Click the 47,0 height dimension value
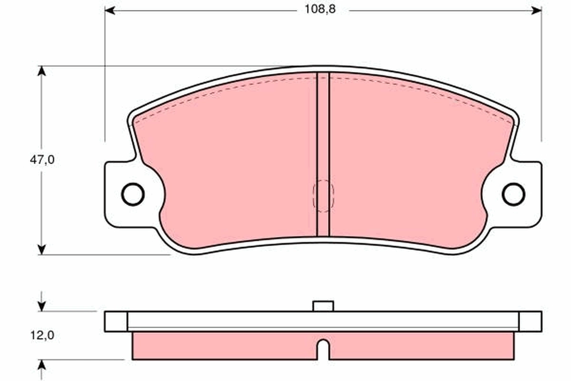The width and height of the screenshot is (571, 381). click(x=42, y=160)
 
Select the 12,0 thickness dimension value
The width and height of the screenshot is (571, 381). click(x=42, y=335)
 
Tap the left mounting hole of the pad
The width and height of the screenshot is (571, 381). click(x=132, y=194)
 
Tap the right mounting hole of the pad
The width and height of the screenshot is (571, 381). click(x=513, y=194)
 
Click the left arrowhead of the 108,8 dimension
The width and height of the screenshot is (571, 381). click(x=110, y=10)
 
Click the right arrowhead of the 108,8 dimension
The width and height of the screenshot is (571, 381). click(x=536, y=10)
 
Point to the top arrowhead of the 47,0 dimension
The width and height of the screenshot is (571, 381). click(x=42, y=71)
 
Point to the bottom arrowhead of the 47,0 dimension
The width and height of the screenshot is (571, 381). click(x=42, y=249)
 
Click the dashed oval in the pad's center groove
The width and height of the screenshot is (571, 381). click(x=323, y=196)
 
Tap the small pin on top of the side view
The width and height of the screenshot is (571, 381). click(x=323, y=306)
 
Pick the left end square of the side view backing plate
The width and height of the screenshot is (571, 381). click(x=116, y=321)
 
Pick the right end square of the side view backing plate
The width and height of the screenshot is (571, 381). click(x=530, y=321)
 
